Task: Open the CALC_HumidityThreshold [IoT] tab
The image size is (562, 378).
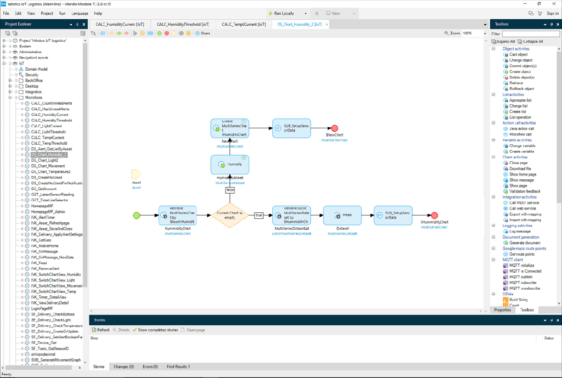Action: [183, 24]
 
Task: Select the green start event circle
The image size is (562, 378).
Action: [137, 215]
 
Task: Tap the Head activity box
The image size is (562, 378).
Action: [342, 215]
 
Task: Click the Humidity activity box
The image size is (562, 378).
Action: [230, 164]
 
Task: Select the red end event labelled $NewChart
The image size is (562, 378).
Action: [334, 128]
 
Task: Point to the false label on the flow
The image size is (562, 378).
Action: [230, 190]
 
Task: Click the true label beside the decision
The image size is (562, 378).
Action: [258, 215]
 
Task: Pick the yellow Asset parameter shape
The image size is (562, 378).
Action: [136, 174]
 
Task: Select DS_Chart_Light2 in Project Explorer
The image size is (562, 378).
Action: [45, 160]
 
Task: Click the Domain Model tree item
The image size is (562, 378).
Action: [36, 69]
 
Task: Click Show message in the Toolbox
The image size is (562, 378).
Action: [521, 180]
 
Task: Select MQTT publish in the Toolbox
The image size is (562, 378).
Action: [521, 277]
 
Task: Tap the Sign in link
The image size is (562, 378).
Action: [552, 13]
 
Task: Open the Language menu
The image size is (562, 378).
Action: [80, 13]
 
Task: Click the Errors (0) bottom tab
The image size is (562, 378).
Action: [150, 366]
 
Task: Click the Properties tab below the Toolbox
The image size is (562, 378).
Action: [502, 310]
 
